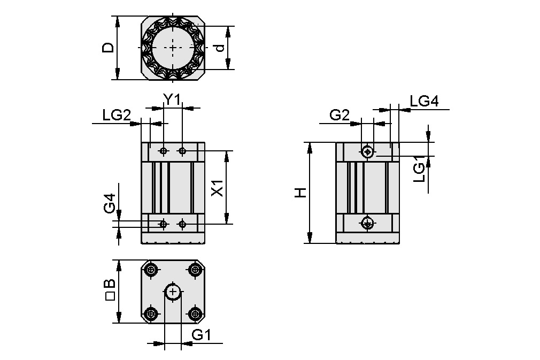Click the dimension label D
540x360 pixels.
pos(109,48)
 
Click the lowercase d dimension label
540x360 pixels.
pos(219,48)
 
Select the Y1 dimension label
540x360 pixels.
pos(172,99)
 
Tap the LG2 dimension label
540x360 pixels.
pos(117,114)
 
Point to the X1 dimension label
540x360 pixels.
pos(217,188)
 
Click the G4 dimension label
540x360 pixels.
pos(110,204)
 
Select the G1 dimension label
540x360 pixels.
pos(202,335)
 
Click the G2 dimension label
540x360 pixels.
pos(340,114)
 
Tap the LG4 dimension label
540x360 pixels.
pos(424,101)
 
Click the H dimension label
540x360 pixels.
pos(301,193)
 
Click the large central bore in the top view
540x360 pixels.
pos(173,47)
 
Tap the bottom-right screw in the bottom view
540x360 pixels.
pos(196,313)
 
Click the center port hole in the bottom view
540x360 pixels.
pos(173,292)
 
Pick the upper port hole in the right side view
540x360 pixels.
pos(367,151)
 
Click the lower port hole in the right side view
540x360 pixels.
pos(367,223)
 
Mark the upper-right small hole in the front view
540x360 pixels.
pos(183,151)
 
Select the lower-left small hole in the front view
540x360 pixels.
pos(164,224)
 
